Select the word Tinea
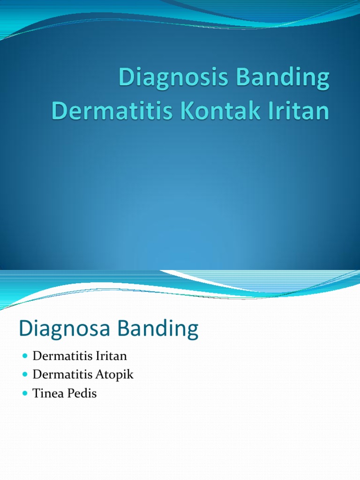click(47, 394)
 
